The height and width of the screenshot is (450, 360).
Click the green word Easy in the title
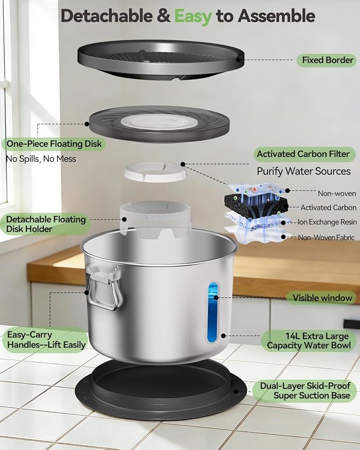[x=193, y=16]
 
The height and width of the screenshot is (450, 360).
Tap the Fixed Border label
[x=327, y=60]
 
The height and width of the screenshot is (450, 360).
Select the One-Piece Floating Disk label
[x=54, y=144]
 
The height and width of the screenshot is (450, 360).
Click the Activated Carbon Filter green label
[x=303, y=154]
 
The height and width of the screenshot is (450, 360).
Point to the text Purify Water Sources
[x=303, y=171]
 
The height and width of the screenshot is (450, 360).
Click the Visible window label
[x=322, y=298]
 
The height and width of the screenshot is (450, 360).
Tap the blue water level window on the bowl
[x=213, y=312]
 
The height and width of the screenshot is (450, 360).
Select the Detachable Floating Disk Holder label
[x=46, y=224]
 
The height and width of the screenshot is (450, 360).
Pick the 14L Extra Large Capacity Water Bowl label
[x=309, y=341]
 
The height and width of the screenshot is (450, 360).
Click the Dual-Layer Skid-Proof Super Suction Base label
[x=305, y=391]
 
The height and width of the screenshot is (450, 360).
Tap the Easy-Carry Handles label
[x=46, y=340]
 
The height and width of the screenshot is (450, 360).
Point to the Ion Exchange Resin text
[x=327, y=222]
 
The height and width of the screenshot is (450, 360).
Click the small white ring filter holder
[x=155, y=172]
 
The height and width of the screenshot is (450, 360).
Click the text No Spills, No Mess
[x=41, y=159]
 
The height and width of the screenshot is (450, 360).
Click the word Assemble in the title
[x=276, y=16]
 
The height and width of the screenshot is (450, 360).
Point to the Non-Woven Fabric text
[x=326, y=237]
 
